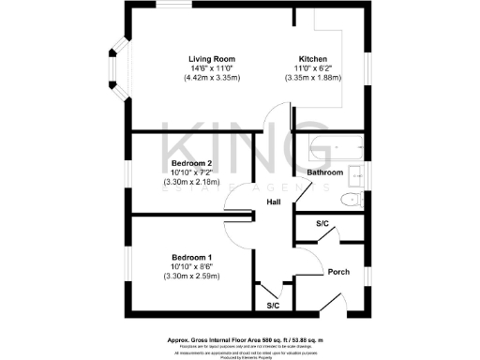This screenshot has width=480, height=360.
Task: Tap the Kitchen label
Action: (x=313, y=59)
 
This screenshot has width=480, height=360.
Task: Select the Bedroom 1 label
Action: (x=190, y=257)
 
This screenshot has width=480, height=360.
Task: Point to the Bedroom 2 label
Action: (x=190, y=162)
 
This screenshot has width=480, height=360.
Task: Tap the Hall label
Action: (x=274, y=202)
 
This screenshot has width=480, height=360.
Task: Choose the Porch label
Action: (x=338, y=272)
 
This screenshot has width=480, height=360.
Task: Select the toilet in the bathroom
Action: (x=351, y=201)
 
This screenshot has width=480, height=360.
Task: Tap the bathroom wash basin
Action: (x=356, y=174)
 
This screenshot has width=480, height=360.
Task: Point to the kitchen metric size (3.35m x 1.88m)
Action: (x=314, y=78)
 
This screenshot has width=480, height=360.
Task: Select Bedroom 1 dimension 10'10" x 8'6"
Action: (x=190, y=266)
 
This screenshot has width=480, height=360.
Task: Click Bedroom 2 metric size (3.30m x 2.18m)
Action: (x=190, y=182)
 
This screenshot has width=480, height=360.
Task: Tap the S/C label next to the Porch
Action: (x=322, y=224)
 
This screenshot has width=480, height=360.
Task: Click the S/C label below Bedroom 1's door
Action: (x=273, y=306)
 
